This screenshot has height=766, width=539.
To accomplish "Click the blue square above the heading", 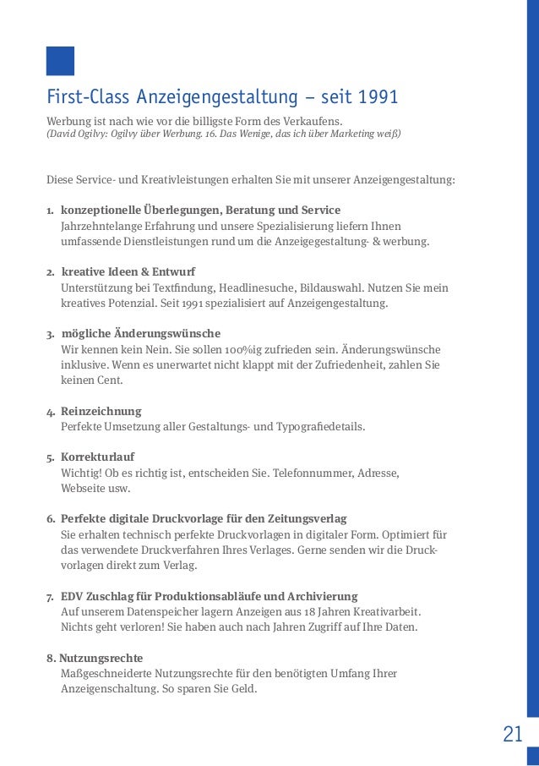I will pos(60,62).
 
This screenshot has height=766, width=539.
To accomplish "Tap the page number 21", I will pos(513,734).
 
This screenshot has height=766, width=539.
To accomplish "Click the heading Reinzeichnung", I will pos(101,411).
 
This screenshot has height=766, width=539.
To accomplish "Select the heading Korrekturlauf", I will pos(97,457).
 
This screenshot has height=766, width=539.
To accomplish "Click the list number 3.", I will pos(49,334).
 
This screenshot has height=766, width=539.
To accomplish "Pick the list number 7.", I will pos(49,596).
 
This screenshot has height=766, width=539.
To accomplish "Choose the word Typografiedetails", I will pos(319,426).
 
